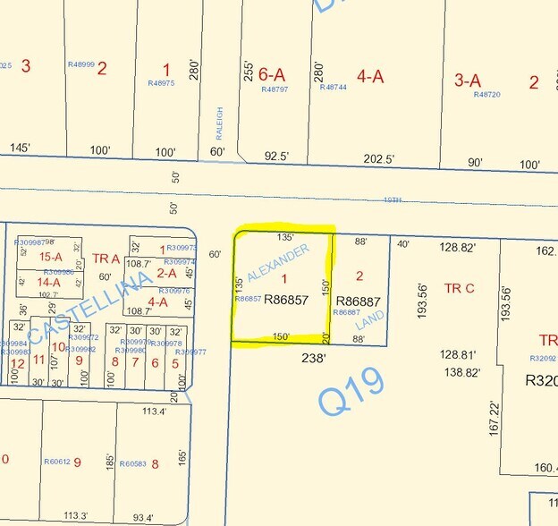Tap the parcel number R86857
pyautogui.click(x=286, y=301)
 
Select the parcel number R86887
pyautogui.click(x=358, y=301)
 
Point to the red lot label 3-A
pyautogui.click(x=468, y=80)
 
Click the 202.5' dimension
pyautogui.click(x=379, y=158)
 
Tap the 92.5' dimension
pyautogui.click(x=277, y=156)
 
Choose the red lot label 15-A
pyautogui.click(x=50, y=257)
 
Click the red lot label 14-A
pyautogui.click(x=49, y=282)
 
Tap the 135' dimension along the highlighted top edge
pyautogui.click(x=285, y=238)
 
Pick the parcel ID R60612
pyautogui.click(x=57, y=462)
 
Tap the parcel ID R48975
pyautogui.click(x=161, y=83)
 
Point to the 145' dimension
pyautogui.click(x=20, y=148)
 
